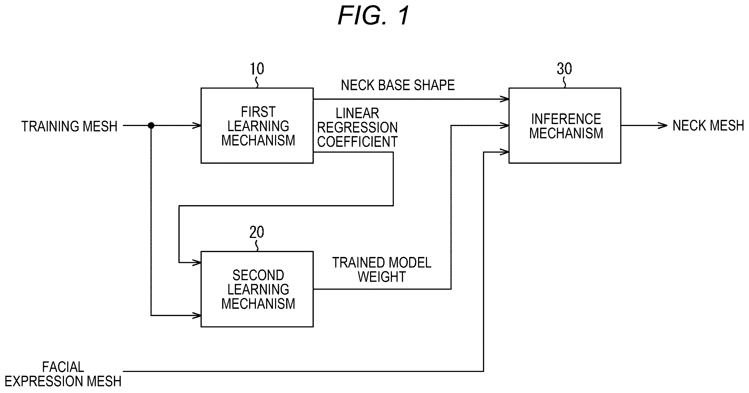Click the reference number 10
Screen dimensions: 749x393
[257, 69]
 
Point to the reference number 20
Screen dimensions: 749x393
[257, 232]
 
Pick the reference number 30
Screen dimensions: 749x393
[564, 69]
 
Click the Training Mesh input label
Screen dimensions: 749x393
[69, 126]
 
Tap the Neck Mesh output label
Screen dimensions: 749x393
[708, 126]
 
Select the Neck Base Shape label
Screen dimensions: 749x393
[398, 85]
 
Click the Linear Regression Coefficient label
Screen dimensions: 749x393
[357, 128]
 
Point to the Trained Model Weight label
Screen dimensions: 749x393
[382, 270]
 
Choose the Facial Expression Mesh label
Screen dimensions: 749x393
[63, 374]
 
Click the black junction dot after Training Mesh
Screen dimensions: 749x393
[151, 126]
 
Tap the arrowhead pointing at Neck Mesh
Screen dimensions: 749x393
[663, 126]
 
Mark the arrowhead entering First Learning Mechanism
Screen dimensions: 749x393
[196, 126]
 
